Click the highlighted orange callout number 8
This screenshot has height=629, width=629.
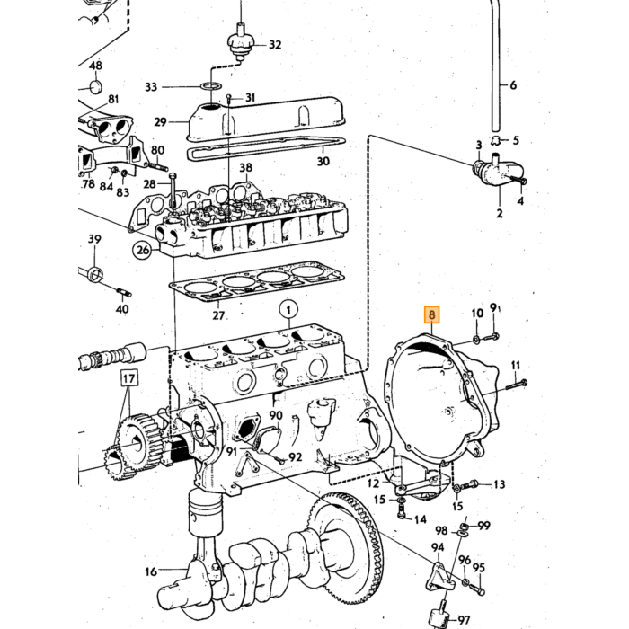tap(431, 314)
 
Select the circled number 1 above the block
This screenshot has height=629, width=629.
tap(288, 310)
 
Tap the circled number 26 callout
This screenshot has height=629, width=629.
tap(143, 251)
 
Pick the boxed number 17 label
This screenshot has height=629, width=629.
tap(128, 378)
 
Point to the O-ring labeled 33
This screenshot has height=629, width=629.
tap(211, 86)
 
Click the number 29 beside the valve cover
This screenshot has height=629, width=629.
tap(161, 121)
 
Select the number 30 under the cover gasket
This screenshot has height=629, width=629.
tap(323, 161)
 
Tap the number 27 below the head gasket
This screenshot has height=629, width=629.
tap(218, 315)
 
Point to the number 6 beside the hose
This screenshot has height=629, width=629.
tap(513, 85)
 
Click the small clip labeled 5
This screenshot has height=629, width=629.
tap(496, 140)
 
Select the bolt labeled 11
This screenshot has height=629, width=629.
tap(516, 385)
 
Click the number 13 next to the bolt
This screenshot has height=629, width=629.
tap(499, 484)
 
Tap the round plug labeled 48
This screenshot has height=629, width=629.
tap(95, 87)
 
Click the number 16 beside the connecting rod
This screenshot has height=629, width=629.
tap(151, 571)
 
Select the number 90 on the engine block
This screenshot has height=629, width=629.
tap(276, 415)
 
